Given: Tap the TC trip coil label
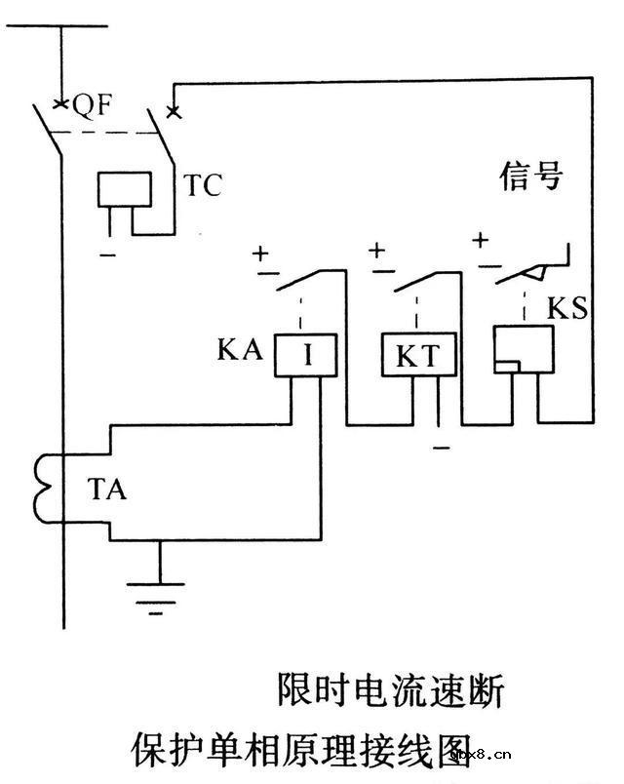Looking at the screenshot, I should coord(203,186).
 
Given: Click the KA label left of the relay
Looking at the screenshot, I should coord(240,349).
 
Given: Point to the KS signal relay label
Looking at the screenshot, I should coord(567,310).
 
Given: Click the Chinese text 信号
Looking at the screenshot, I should coord(531,178).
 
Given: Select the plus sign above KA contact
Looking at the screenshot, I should coord(261,254).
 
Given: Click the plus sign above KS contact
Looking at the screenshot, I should coord(480,240).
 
